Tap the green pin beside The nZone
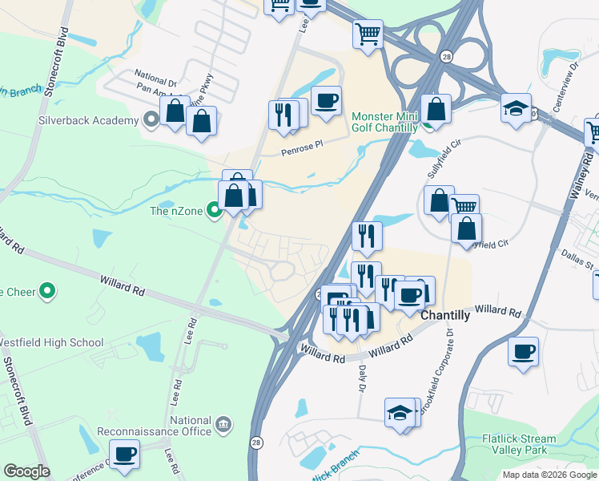click(x=214, y=211)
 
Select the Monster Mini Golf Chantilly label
click(x=385, y=122)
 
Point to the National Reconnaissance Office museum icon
click(x=223, y=422)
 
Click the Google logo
click(x=26, y=471)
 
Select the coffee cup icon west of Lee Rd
click(x=125, y=454)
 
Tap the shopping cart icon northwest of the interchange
click(x=368, y=34)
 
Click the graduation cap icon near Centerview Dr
click(x=516, y=107)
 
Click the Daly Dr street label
click(x=361, y=374)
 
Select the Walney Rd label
click(x=574, y=186)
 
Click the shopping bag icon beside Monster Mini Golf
click(x=436, y=109)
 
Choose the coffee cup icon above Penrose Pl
click(x=326, y=101)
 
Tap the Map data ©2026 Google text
click(x=549, y=475)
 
